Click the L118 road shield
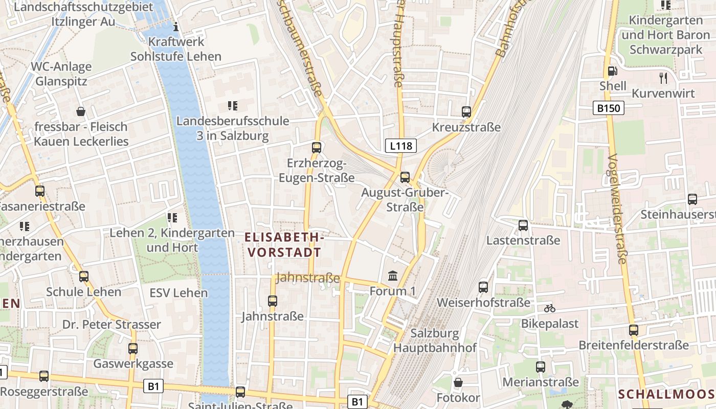400,146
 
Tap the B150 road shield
609,108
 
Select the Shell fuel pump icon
612,71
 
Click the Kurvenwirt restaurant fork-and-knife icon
664,78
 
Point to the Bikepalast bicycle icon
550,308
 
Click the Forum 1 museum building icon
393,276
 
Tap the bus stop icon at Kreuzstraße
466,111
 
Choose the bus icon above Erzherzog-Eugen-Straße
317,148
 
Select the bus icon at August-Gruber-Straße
405,177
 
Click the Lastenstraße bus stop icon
523,225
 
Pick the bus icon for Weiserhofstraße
483,287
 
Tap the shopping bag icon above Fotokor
458,382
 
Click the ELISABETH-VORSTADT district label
284,244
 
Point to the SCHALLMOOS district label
666,394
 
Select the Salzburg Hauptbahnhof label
435,340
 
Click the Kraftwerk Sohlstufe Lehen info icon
176,27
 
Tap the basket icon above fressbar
81,111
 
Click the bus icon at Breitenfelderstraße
634,330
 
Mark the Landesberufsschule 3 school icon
233,106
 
